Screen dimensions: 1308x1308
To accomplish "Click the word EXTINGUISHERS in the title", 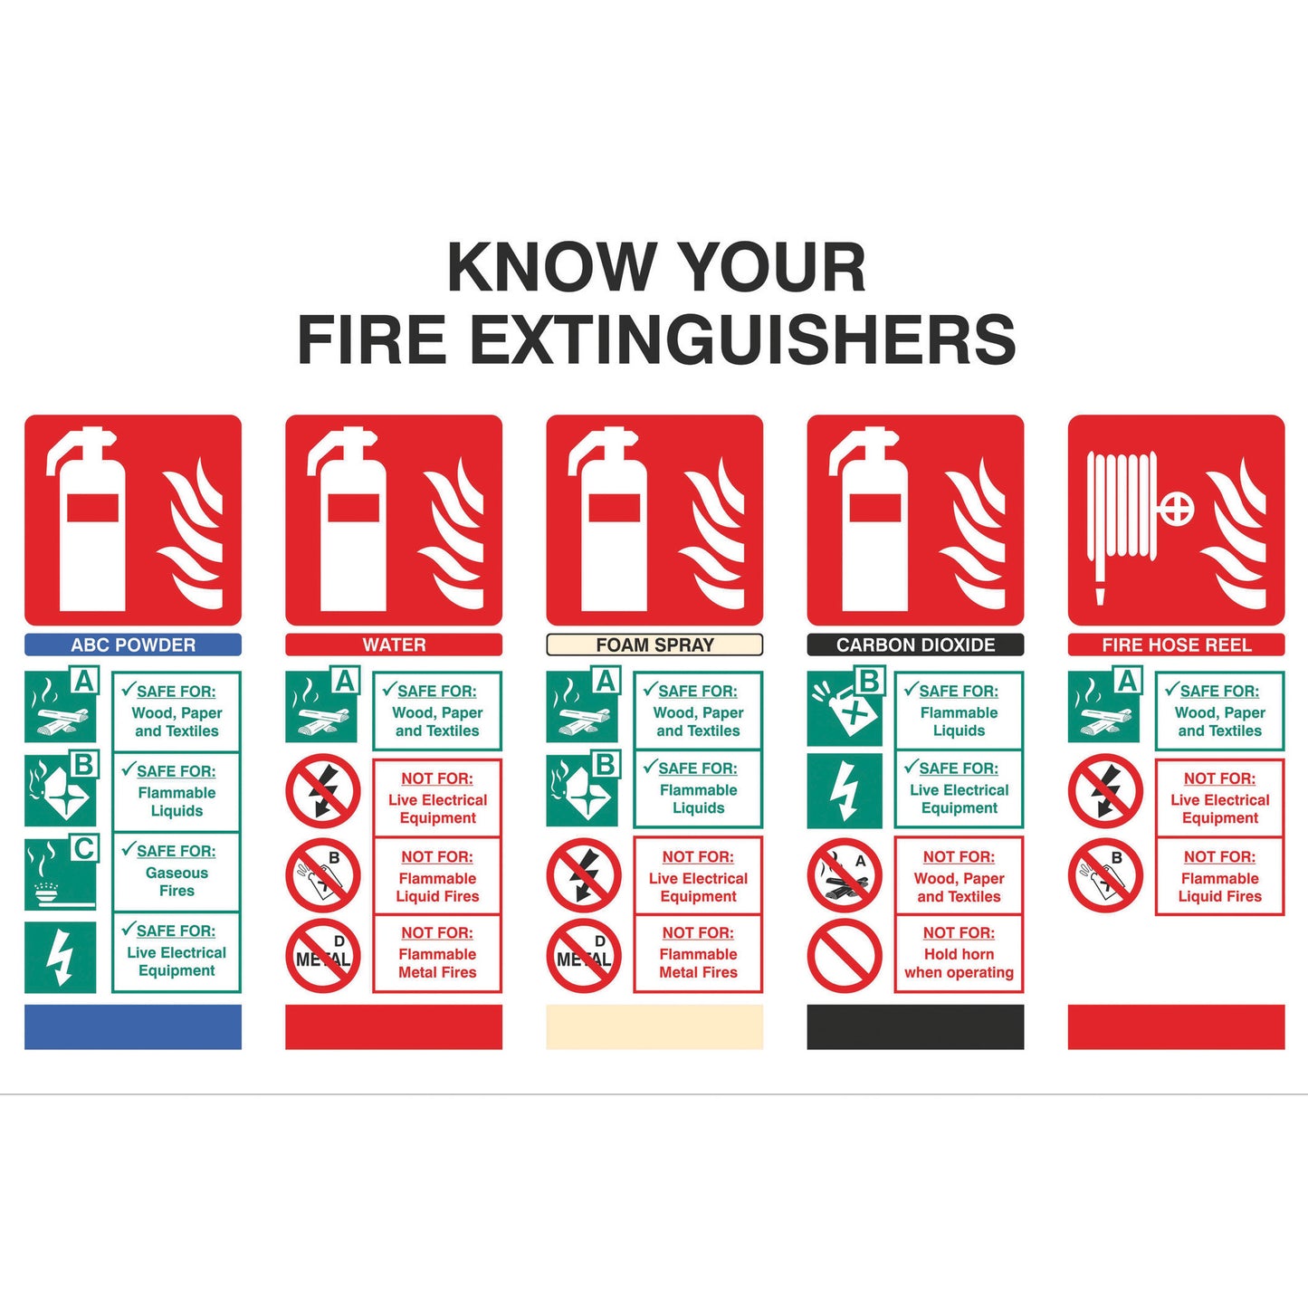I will click(x=742, y=339).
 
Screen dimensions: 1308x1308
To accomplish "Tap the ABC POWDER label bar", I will click(x=133, y=644).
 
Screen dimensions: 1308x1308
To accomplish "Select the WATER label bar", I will click(x=394, y=644).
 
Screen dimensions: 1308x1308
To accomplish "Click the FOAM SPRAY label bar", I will click(x=654, y=644).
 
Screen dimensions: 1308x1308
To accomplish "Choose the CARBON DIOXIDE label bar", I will click(x=915, y=644).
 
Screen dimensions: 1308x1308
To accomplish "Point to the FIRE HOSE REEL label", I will click(x=1176, y=644).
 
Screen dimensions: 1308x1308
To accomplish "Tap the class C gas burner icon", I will click(x=60, y=874).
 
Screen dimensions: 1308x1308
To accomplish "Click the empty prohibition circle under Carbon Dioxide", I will click(x=844, y=955).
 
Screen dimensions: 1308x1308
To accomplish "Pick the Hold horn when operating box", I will click(x=959, y=954).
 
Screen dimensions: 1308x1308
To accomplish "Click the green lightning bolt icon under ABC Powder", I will click(x=60, y=957).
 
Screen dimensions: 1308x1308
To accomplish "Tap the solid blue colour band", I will click(x=133, y=1026).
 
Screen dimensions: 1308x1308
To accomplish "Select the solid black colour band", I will click(x=915, y=1026).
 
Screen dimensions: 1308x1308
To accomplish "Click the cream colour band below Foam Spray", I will click(x=654, y=1026).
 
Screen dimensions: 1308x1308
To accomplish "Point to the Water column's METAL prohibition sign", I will click(x=323, y=956).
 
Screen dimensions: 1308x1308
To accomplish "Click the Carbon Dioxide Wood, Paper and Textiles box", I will click(x=959, y=876).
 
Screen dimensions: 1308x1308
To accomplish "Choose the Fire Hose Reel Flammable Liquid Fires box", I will click(x=1219, y=876).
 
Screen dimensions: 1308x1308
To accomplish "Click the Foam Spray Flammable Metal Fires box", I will click(x=698, y=954).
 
